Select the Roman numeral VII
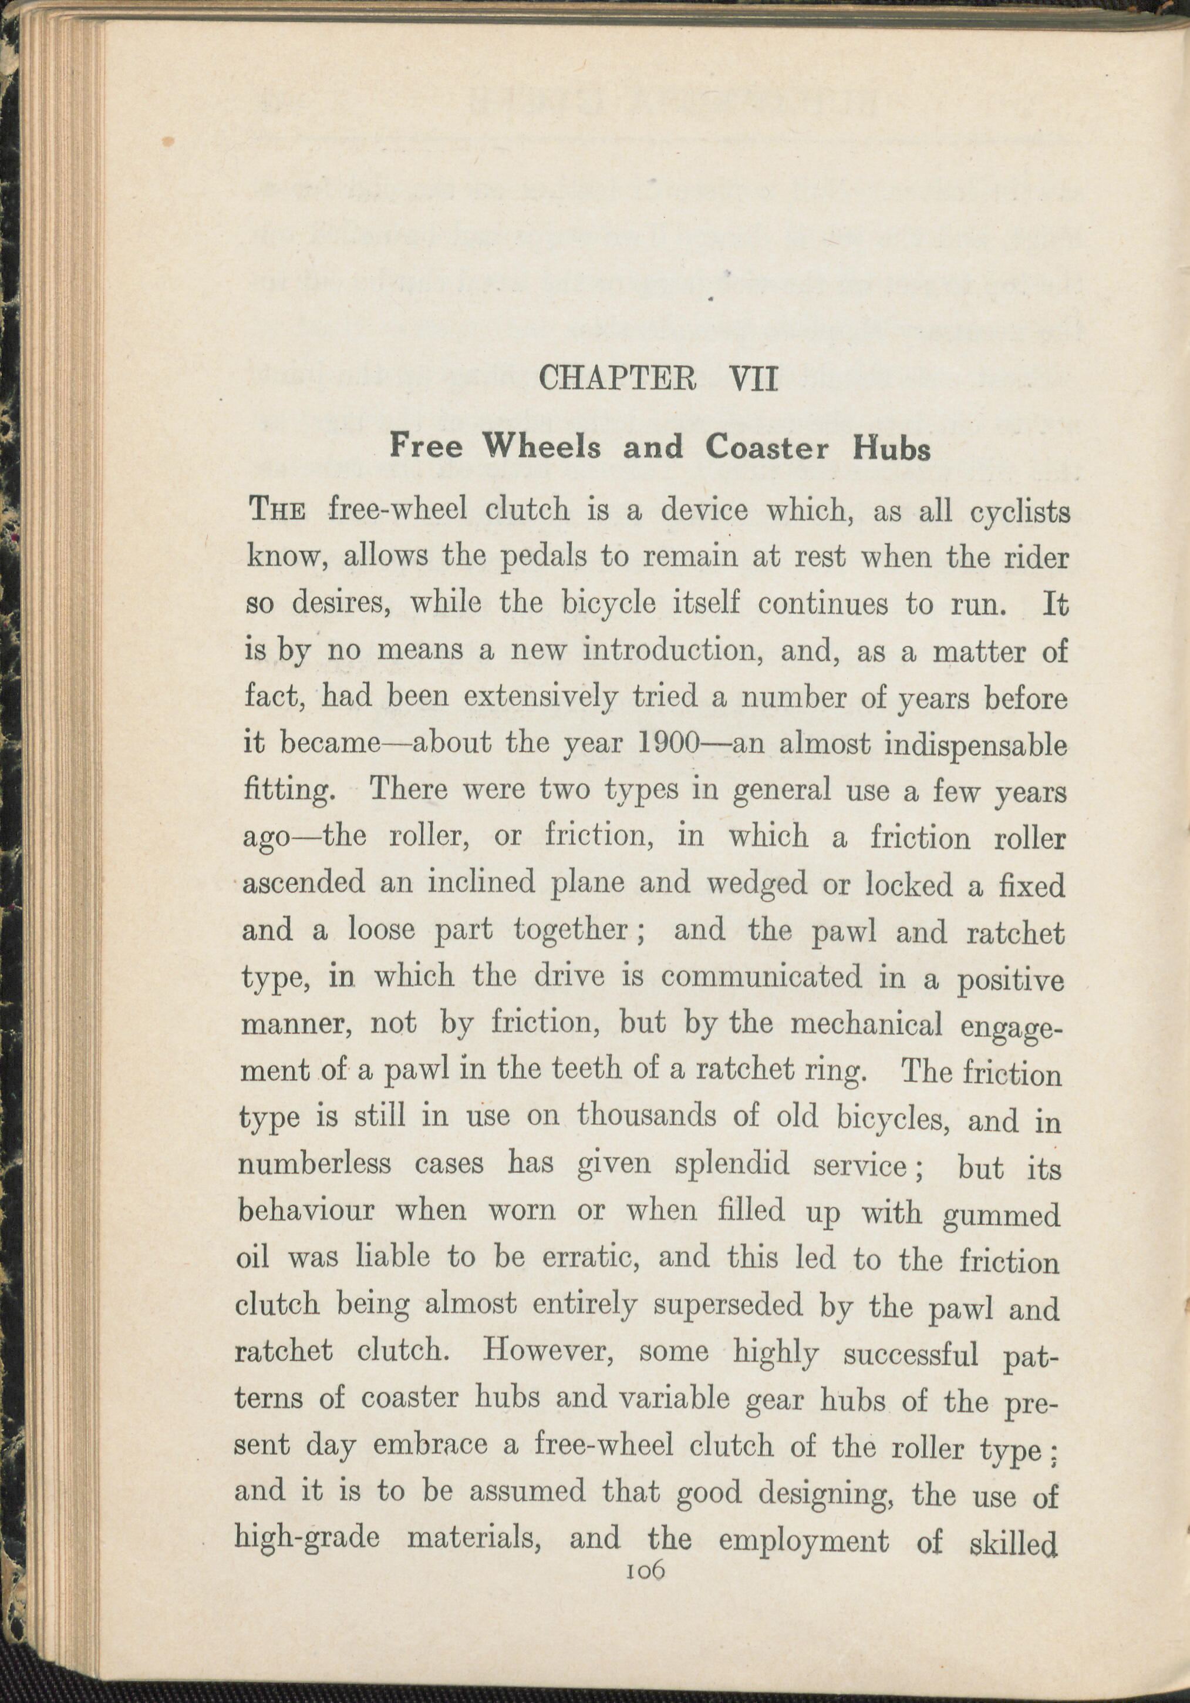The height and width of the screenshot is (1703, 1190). pos(754,379)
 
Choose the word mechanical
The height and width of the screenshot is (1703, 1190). pos(867,1025)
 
